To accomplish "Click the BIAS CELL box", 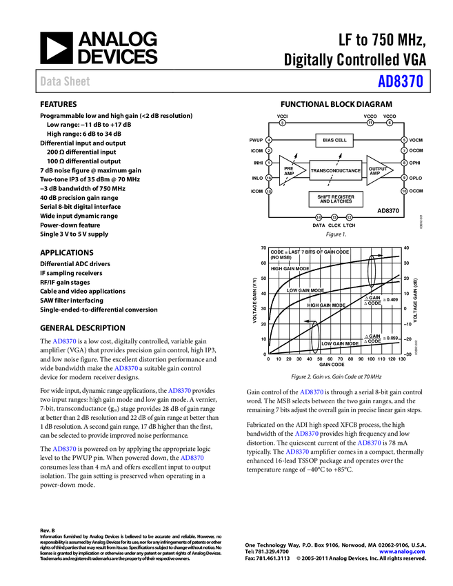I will click(335, 141).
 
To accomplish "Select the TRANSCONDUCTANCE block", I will click(335, 170).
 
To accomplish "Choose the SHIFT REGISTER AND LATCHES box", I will click(336, 199).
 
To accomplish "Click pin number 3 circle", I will click(282, 123).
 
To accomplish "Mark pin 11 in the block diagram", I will click(370, 123).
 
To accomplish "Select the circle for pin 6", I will click(390, 123).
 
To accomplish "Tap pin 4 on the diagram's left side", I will click(269, 140).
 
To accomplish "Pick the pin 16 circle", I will click(269, 178).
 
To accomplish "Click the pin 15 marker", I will click(269, 191).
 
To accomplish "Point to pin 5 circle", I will click(404, 140).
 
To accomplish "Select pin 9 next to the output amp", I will click(404, 178).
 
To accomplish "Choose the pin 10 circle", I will click(404, 191).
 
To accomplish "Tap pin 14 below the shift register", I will click(319, 217).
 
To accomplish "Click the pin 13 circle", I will click(334, 217).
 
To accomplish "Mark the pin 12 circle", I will click(350, 217).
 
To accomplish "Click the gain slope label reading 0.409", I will click(381, 300).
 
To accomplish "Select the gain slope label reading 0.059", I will click(381, 338).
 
